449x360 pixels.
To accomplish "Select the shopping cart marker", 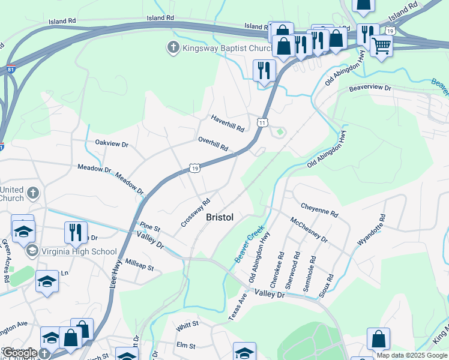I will click(381, 45).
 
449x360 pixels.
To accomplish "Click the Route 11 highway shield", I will click(262, 122).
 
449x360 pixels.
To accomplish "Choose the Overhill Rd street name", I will click(213, 143).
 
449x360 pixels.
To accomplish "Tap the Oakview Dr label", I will click(112, 144).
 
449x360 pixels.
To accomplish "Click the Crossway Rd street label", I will click(195, 213).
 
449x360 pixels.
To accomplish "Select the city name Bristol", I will click(219, 217).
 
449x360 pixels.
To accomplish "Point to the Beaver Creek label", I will click(249, 243).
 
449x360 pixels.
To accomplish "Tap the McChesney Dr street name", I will click(309, 230).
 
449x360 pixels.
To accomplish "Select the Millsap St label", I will click(140, 265).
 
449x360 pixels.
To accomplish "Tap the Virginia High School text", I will click(78, 251).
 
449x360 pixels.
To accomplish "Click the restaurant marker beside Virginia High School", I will click(76, 232).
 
